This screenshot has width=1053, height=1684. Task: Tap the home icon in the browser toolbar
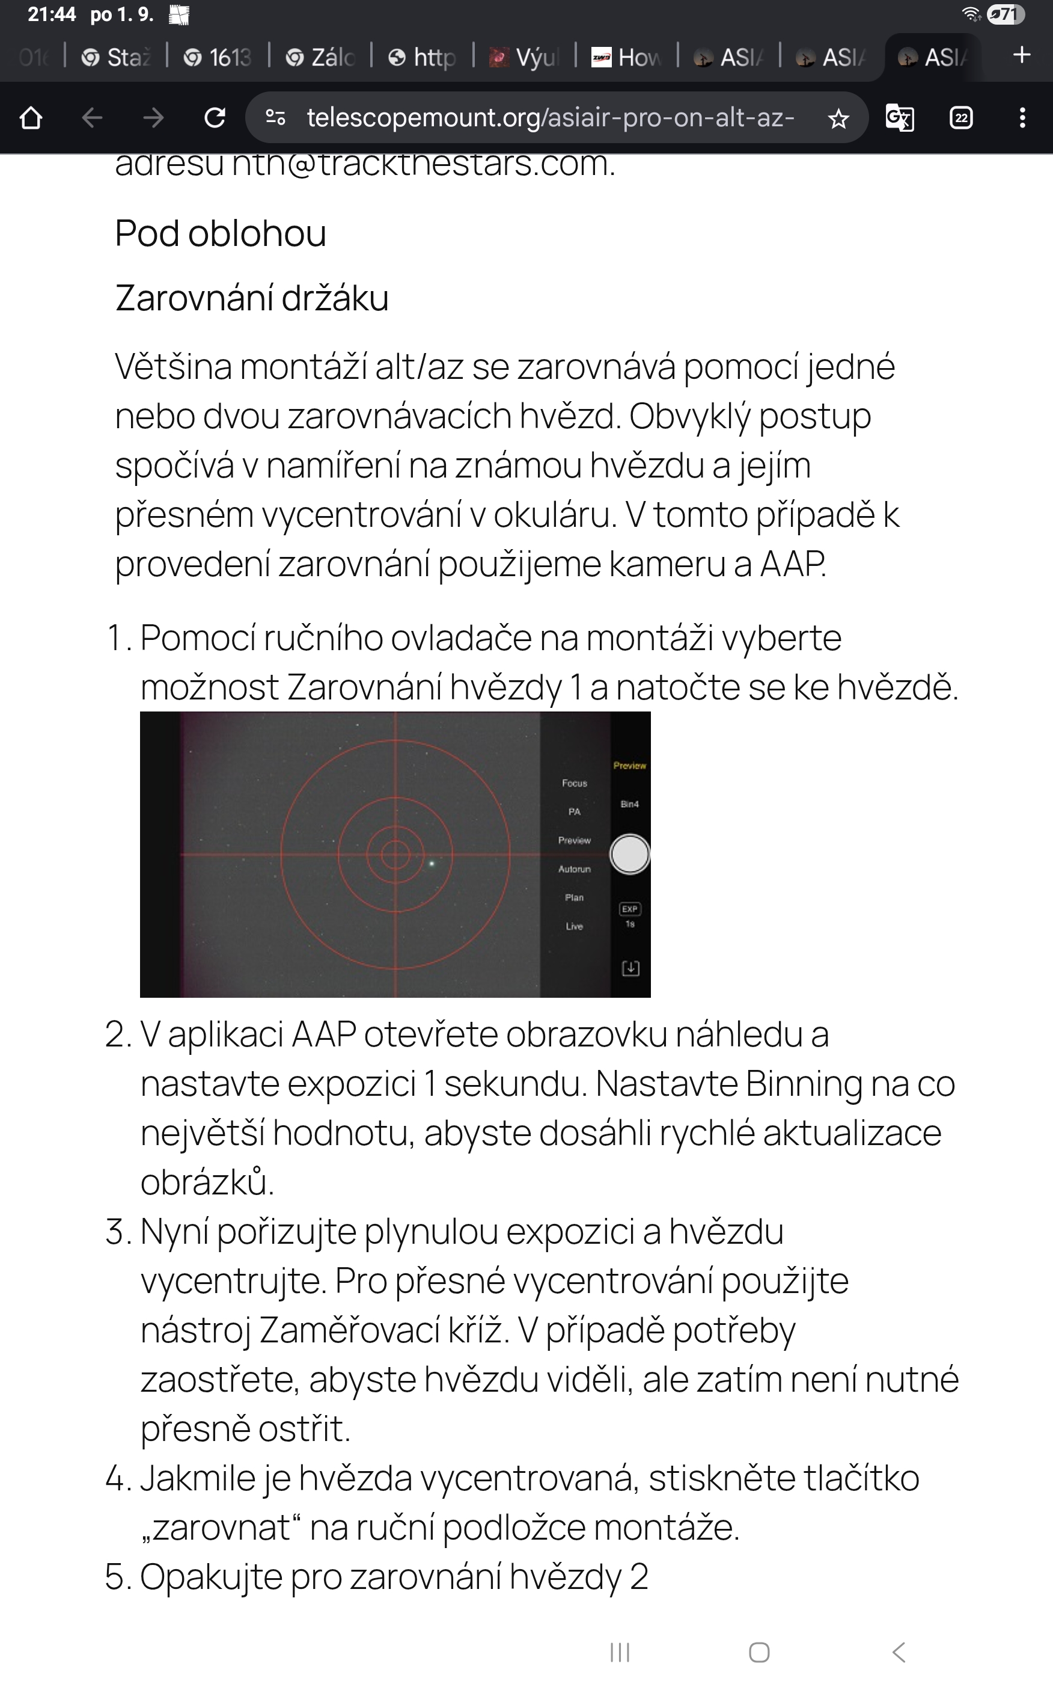pos(31,118)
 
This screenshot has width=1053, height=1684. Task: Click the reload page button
pos(215,118)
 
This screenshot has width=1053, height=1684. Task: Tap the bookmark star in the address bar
pos(838,119)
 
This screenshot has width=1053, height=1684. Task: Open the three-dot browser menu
pos(1022,118)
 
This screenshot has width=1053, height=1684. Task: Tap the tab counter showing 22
pos(961,118)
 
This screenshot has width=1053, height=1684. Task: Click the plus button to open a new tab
pos(1021,55)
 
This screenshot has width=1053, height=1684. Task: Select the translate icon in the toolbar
pos(899,118)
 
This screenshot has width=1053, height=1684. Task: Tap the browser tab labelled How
pos(627,57)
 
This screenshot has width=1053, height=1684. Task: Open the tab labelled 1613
pos(218,57)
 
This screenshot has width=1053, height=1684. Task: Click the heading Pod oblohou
pos(220,233)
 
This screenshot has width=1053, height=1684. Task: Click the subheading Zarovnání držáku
pos(251,298)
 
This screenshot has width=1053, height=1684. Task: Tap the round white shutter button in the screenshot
pos(629,854)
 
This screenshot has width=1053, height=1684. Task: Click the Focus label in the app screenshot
pos(575,783)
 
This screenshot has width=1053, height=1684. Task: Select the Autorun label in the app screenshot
pos(575,869)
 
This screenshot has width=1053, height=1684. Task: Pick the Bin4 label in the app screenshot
pos(629,804)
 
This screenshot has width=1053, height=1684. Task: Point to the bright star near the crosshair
pos(432,864)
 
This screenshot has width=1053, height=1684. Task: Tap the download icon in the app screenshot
pos(630,968)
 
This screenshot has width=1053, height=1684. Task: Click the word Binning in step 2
pos(804,1084)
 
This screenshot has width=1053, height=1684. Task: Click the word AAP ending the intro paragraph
pos(793,564)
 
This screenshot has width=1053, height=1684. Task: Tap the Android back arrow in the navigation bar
pos(899,1652)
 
